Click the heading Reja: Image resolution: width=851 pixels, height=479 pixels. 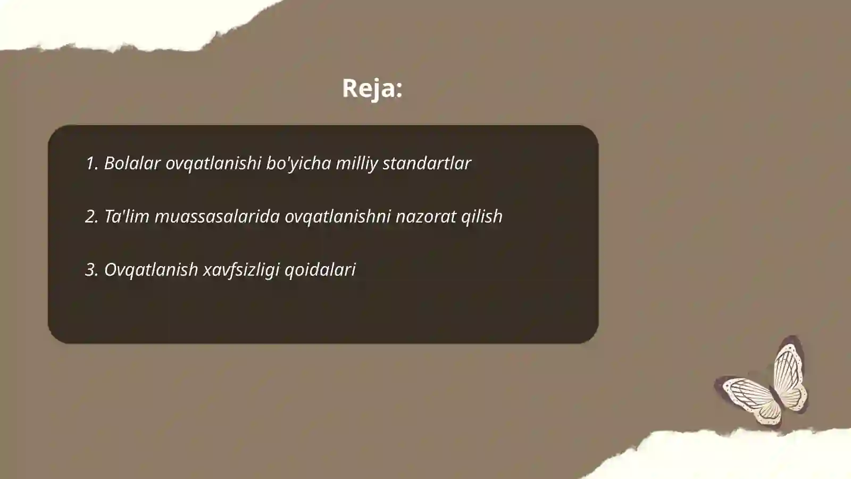coord(372,88)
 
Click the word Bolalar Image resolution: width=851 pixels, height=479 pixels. coord(132,163)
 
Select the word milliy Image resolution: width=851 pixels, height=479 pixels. coord(356,163)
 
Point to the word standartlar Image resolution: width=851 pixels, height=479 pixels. coord(427,163)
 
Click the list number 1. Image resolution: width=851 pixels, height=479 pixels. coord(91,163)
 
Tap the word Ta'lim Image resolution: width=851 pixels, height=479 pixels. coord(126,217)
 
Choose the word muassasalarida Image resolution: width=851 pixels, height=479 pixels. coord(217,217)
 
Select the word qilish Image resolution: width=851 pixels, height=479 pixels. coord(481,217)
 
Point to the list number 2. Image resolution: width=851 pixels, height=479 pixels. coord(91,217)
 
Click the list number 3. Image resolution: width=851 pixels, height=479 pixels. coord(91,270)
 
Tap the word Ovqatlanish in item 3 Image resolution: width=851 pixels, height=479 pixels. coord(151,270)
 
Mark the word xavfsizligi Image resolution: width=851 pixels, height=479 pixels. coord(241,270)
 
